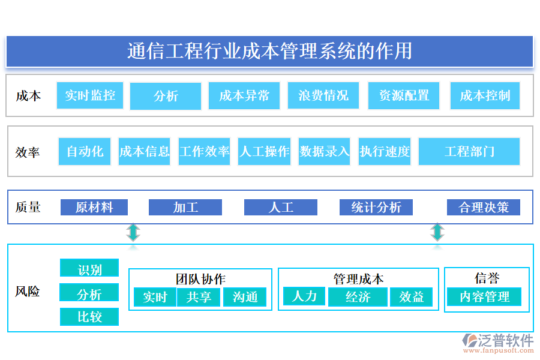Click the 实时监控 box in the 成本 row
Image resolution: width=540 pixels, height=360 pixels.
90,95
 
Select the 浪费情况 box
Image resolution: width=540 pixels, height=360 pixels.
323,96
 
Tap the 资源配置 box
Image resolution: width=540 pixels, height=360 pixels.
404,96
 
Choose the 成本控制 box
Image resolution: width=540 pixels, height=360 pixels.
485,96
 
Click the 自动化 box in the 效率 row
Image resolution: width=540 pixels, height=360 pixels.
85,151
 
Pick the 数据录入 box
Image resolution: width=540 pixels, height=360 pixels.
325,151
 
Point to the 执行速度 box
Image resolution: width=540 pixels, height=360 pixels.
385,151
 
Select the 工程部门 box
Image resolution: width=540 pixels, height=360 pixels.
469,151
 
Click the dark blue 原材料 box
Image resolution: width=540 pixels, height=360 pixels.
94,208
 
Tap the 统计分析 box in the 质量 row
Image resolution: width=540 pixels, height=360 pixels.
376,208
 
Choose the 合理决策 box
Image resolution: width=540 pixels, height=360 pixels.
484,208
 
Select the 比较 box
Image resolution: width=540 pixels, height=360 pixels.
89,317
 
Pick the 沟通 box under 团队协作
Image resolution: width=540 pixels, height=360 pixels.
245,297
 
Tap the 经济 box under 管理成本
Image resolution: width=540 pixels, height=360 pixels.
358,297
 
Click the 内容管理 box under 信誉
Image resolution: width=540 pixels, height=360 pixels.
484,297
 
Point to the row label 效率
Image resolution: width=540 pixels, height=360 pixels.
28,152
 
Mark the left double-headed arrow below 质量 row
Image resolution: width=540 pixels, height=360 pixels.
133,232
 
